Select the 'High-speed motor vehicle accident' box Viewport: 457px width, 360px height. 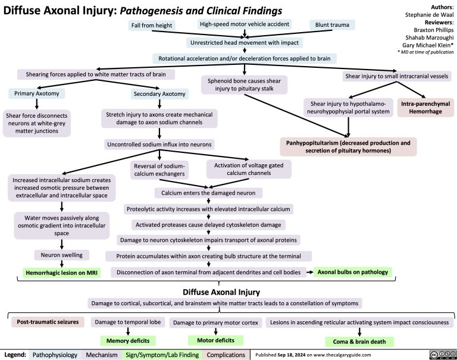245,24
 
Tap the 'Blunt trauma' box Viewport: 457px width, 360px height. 332,25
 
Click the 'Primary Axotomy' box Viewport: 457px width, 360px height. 32,93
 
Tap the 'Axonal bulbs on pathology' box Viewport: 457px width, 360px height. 353,273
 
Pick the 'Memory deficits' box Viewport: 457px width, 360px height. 127,341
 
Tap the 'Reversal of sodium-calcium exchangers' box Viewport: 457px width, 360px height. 160,170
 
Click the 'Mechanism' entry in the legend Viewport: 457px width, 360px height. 101,355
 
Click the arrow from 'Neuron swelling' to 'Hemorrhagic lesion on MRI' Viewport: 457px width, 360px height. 62,264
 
